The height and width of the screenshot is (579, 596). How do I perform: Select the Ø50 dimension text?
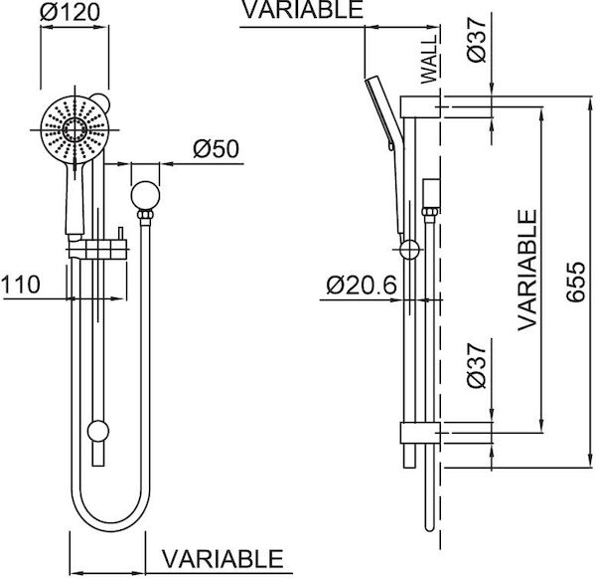click(x=216, y=150)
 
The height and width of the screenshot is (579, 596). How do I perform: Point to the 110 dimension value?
click(x=20, y=285)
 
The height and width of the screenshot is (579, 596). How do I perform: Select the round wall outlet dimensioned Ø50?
click(x=145, y=193)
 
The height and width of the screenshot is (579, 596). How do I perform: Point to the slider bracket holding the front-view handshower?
click(x=98, y=247)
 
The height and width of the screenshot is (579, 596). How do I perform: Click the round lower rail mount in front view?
click(x=97, y=431)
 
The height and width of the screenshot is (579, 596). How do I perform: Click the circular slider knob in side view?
click(x=407, y=250)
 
